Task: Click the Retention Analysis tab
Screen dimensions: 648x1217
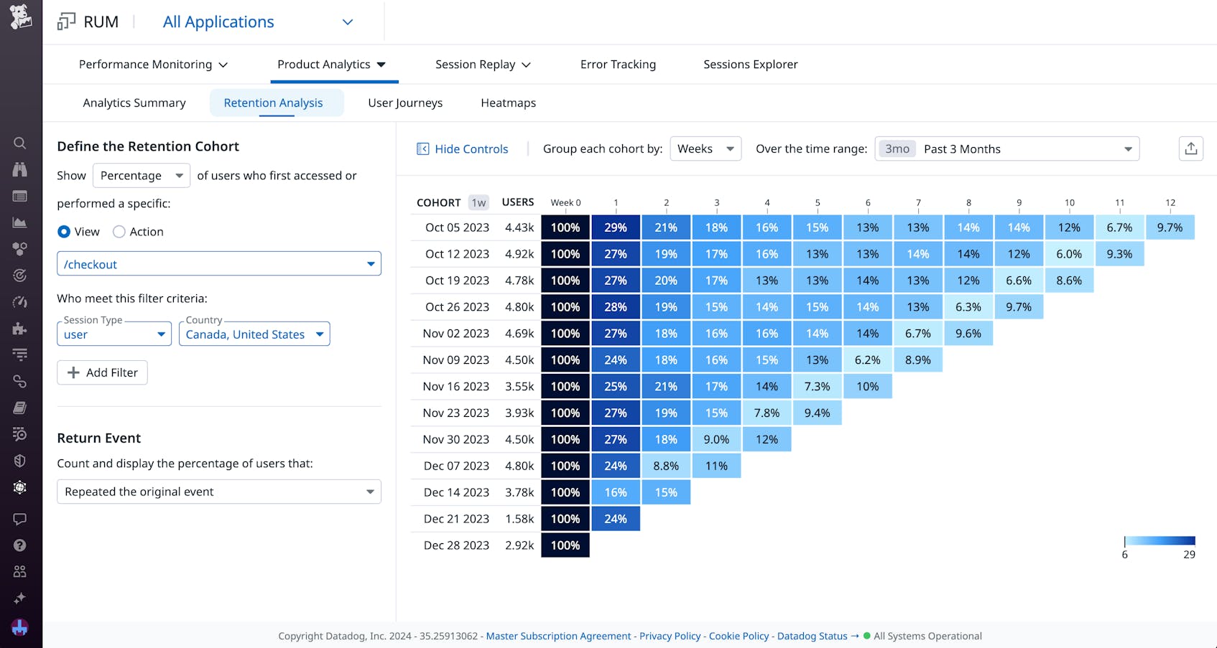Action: coord(273,103)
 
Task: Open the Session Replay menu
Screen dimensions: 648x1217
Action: coord(482,65)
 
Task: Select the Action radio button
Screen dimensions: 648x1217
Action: coord(119,232)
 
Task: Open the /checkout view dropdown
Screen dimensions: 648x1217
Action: coord(218,264)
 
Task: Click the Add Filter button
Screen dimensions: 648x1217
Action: coord(102,372)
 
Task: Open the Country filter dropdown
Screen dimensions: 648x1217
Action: coord(254,334)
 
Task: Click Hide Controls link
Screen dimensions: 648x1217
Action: coord(463,149)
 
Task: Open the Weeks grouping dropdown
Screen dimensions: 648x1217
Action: coord(705,149)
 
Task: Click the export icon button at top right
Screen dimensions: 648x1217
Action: coord(1190,149)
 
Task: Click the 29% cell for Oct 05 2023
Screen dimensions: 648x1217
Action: coord(616,227)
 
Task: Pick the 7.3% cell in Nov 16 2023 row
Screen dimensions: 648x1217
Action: coord(817,387)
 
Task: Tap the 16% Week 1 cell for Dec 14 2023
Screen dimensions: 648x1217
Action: coord(616,492)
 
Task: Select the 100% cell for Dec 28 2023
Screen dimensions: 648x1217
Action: coord(565,545)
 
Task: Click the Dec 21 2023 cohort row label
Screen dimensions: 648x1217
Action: coord(456,519)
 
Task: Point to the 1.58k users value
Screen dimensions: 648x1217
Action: coord(519,519)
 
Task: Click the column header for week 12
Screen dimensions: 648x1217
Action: coord(1170,203)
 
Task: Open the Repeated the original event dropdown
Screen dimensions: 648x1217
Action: coord(218,492)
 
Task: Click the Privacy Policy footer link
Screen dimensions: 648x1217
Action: coord(670,636)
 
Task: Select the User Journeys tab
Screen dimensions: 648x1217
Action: coord(405,103)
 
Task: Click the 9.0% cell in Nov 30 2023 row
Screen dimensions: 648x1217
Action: coord(716,439)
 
